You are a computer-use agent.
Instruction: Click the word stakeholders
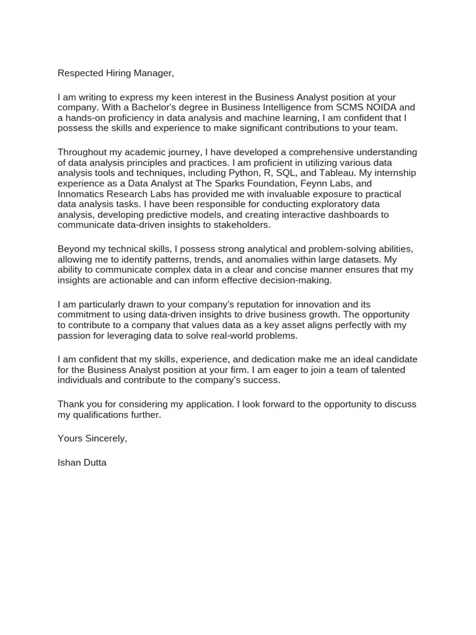(240, 225)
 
